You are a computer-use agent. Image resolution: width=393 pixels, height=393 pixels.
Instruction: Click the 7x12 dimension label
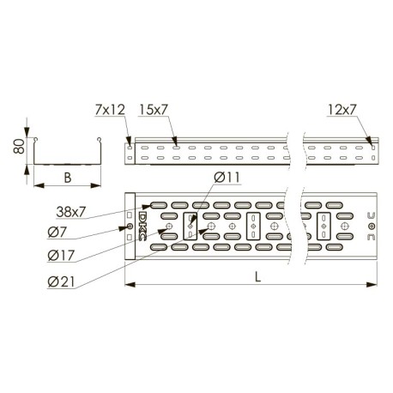pyautogui.click(x=110, y=110)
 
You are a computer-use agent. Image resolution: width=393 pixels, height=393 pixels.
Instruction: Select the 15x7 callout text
pyautogui.click(x=153, y=110)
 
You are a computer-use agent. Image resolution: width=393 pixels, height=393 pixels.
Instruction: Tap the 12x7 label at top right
pyautogui.click(x=342, y=110)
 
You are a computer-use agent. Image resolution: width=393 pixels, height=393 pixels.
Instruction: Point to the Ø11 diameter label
pyautogui.click(x=227, y=178)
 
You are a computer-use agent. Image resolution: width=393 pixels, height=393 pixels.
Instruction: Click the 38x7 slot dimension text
pyautogui.click(x=71, y=212)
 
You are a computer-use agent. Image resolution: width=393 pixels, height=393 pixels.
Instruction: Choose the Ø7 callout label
pyautogui.click(x=57, y=233)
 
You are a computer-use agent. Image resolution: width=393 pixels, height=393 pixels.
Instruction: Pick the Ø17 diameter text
pyautogui.click(x=61, y=256)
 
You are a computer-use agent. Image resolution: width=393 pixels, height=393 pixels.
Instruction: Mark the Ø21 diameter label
pyautogui.click(x=61, y=282)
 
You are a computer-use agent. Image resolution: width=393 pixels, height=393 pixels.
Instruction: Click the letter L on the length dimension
pyautogui.click(x=257, y=277)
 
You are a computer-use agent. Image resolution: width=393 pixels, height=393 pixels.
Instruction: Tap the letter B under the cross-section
pyautogui.click(x=68, y=178)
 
